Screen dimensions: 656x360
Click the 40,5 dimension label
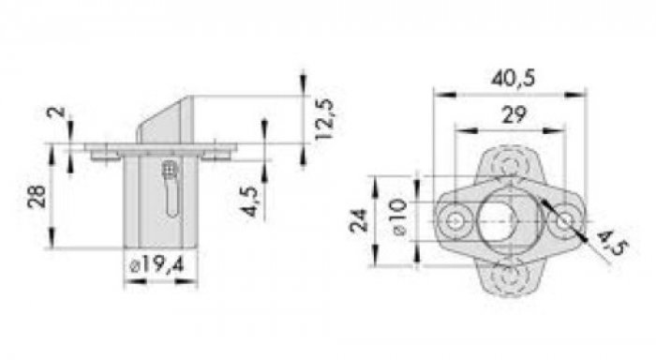pos(513,78)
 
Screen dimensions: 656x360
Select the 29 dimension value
pos(514,115)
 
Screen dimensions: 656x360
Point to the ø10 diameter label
pos(399,217)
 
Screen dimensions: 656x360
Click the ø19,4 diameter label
pos(157,265)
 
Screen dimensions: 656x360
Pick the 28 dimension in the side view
pos(37,196)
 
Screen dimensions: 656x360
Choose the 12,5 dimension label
pos(324,119)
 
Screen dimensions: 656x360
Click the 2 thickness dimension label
pos(56,112)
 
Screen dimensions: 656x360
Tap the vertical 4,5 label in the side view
pos(250,201)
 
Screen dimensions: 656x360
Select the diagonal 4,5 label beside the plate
pos(611,243)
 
